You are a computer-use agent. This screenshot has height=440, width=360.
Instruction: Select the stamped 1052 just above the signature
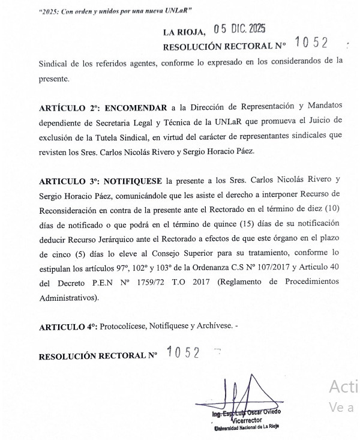pyautogui.click(x=183, y=352)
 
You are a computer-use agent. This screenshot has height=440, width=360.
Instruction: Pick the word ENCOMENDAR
pyautogui.click(x=137, y=108)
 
